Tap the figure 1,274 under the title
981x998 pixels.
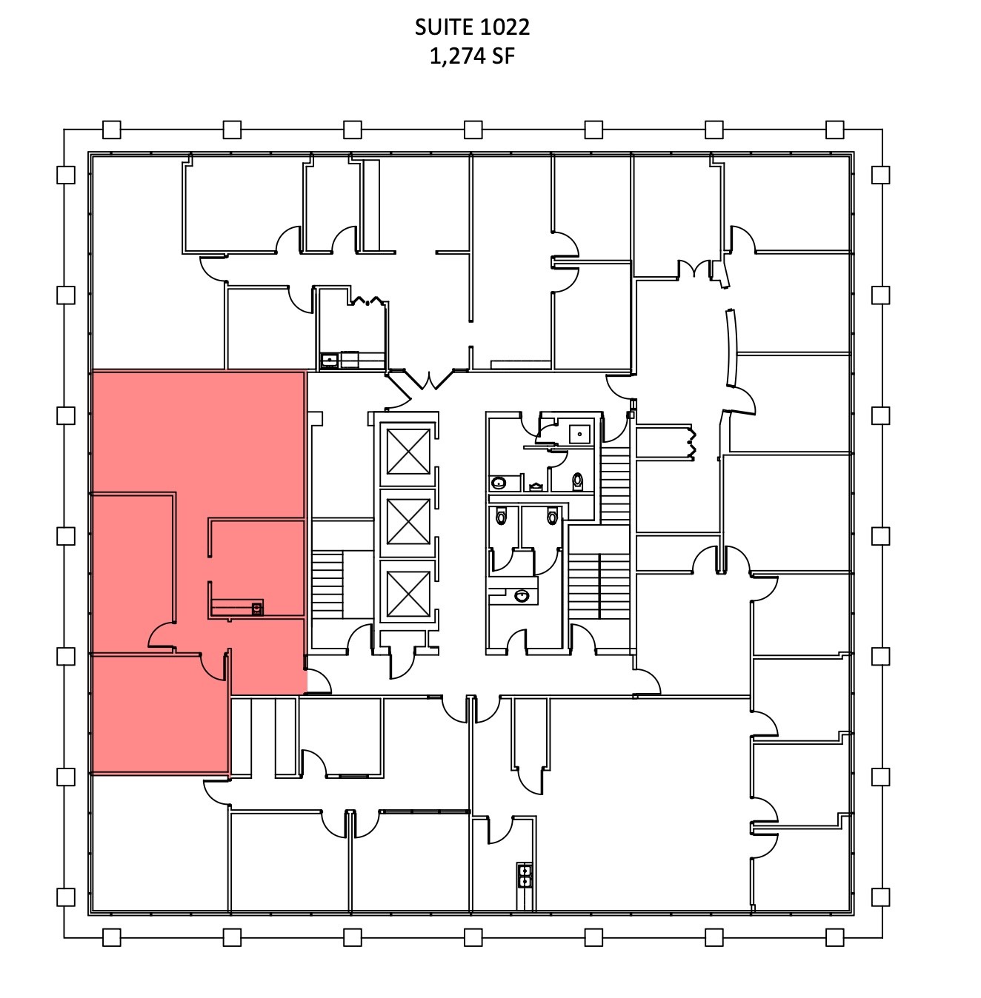coord(457,56)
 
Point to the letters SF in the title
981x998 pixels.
coord(503,56)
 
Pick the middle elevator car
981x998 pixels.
coord(408,521)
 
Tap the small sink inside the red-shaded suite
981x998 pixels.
coord(256,609)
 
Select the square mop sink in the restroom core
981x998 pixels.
coord(579,434)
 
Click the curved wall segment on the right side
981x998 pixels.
coord(731,348)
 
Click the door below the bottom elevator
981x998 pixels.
coord(402,664)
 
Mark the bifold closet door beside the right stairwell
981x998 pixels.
coord(692,443)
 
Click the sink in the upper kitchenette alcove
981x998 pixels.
coord(329,359)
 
